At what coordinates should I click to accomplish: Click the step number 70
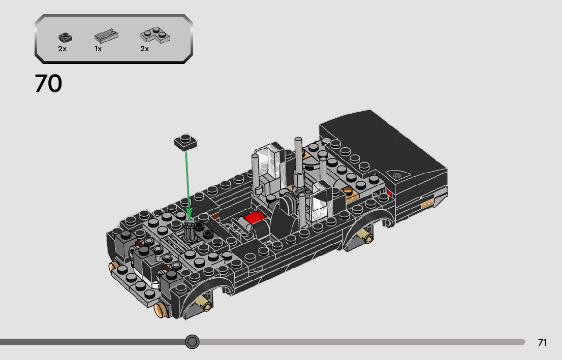point(48,83)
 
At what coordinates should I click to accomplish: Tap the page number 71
point(542,342)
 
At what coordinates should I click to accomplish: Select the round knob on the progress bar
point(192,342)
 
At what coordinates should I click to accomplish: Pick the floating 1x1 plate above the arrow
point(185,142)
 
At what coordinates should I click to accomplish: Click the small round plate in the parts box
point(65,37)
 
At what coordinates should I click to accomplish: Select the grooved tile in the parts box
point(106,36)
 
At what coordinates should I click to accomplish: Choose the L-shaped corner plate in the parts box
point(155,35)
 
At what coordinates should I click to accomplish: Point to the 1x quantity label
point(98,49)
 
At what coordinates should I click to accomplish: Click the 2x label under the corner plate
point(144,49)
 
